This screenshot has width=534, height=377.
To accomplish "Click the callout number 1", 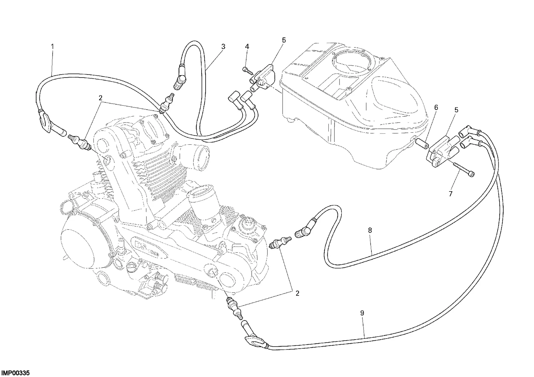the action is click(52, 46).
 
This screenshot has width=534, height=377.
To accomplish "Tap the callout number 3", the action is click(223, 47).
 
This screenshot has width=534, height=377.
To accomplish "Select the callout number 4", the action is click(247, 47).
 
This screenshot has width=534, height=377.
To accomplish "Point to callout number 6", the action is click(436, 108).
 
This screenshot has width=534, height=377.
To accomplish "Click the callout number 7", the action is click(451, 194).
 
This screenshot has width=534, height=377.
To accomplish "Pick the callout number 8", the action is click(370, 230).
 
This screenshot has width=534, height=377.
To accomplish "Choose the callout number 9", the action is click(362, 313).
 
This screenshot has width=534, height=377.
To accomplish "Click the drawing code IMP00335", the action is click(15, 373).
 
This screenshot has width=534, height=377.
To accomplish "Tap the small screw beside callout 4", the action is click(247, 70).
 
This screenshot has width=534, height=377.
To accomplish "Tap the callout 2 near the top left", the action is click(100, 98).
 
